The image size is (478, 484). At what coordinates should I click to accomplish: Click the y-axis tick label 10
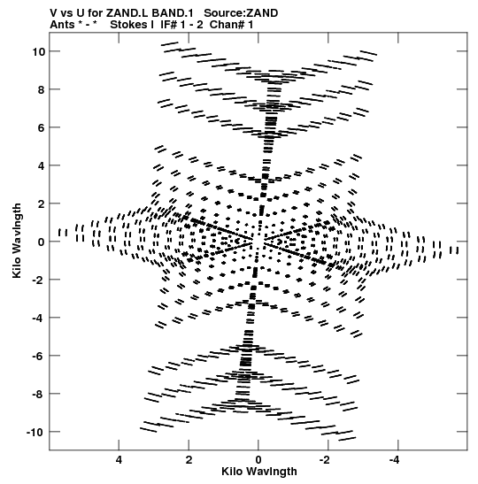click(39, 51)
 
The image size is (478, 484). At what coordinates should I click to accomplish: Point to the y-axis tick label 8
click(42, 89)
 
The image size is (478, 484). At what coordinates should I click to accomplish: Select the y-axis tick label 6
click(42, 127)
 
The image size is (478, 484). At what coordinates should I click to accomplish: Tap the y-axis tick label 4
click(42, 165)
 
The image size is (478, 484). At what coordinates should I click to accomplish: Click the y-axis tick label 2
click(42, 204)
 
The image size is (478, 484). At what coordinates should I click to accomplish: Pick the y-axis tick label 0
click(42, 242)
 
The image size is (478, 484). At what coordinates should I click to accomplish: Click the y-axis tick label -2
click(39, 280)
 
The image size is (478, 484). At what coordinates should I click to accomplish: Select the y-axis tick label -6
click(39, 356)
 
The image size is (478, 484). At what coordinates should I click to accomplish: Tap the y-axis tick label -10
click(35, 432)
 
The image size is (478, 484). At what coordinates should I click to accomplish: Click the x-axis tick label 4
click(119, 460)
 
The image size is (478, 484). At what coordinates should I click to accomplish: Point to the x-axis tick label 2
click(189, 460)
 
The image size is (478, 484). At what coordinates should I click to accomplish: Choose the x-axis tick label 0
click(258, 460)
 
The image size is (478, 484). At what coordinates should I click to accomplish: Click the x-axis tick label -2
click(325, 460)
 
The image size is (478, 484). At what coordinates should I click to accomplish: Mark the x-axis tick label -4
click(395, 460)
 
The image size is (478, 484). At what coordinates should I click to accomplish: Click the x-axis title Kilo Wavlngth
click(259, 472)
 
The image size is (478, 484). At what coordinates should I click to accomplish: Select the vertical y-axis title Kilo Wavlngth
click(17, 241)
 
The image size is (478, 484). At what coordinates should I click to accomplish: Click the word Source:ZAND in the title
click(241, 13)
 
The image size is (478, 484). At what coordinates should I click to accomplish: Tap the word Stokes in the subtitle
click(128, 25)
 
